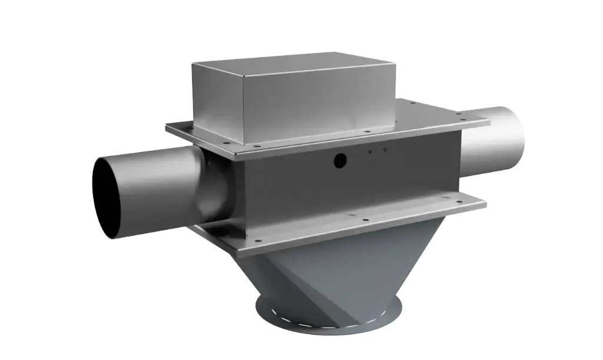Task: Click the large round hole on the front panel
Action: point(340,159)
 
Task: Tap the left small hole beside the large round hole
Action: point(370,152)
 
